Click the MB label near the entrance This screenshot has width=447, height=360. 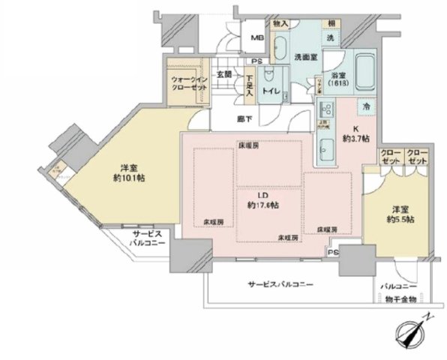256,38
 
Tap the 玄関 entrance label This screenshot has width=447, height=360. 224,73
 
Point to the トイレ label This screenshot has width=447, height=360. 270,91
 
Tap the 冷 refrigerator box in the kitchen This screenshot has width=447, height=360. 366,108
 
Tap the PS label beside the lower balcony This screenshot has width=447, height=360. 332,253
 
